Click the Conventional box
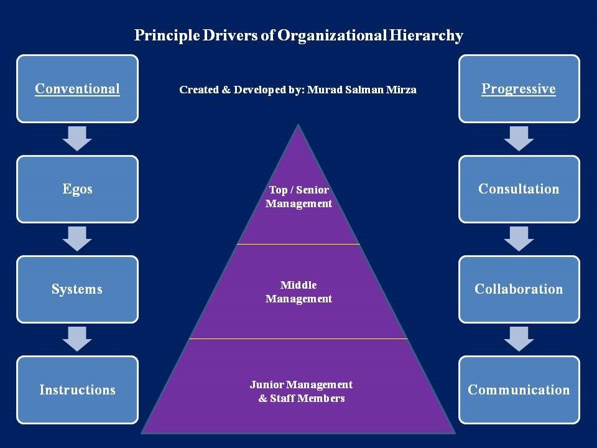click(x=77, y=88)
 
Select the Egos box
click(x=77, y=189)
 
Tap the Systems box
click(x=77, y=289)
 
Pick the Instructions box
click(x=77, y=390)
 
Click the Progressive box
click(x=519, y=88)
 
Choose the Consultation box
click(x=519, y=189)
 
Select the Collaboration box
click(x=519, y=289)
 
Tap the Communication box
click(x=519, y=390)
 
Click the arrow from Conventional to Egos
click(x=77, y=138)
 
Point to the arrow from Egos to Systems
click(x=77, y=239)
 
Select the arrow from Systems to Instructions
click(x=77, y=339)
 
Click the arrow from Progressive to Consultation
click(x=519, y=138)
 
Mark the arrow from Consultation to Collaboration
click(x=519, y=239)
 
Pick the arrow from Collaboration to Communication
click(x=519, y=339)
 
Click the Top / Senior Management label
click(x=298, y=197)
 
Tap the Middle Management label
click(x=298, y=292)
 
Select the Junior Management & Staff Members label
click(x=301, y=391)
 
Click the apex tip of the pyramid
click(x=298, y=126)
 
